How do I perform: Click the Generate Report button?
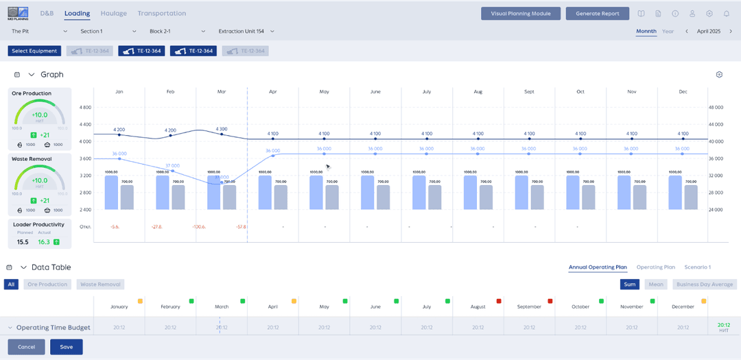coord(598,13)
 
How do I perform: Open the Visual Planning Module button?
coord(521,13)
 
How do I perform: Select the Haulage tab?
coord(113,13)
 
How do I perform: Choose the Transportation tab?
coord(161,13)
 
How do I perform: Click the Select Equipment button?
coord(34,51)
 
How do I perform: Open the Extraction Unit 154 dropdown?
coord(246,31)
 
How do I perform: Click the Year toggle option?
coord(668,31)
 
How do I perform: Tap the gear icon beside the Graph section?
coord(719,74)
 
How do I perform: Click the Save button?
coord(67,347)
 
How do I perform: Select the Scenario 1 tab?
coord(697,267)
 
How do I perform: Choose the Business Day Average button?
coord(705,284)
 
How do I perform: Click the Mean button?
coord(655,284)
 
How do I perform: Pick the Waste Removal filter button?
coord(100,284)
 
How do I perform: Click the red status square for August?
coord(499,301)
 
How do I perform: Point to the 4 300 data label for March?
coord(221,129)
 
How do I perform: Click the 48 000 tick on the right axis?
coord(716,108)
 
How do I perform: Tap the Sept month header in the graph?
coord(529,91)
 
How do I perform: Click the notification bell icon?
coord(727,13)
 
